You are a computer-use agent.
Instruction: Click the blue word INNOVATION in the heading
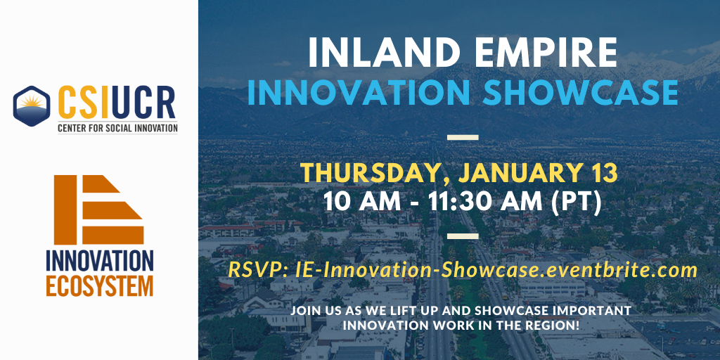point(359,92)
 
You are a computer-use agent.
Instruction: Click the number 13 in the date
point(603,173)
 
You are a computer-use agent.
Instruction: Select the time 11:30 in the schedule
point(460,202)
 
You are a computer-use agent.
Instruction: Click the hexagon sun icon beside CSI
point(32,105)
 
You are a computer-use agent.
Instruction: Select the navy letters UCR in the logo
point(143,102)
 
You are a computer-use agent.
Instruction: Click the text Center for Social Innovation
point(117,128)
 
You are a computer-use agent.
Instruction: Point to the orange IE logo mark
point(98,210)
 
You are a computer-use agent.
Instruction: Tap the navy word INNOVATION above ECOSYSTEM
point(100,262)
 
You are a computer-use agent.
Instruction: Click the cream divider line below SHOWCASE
point(463,137)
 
